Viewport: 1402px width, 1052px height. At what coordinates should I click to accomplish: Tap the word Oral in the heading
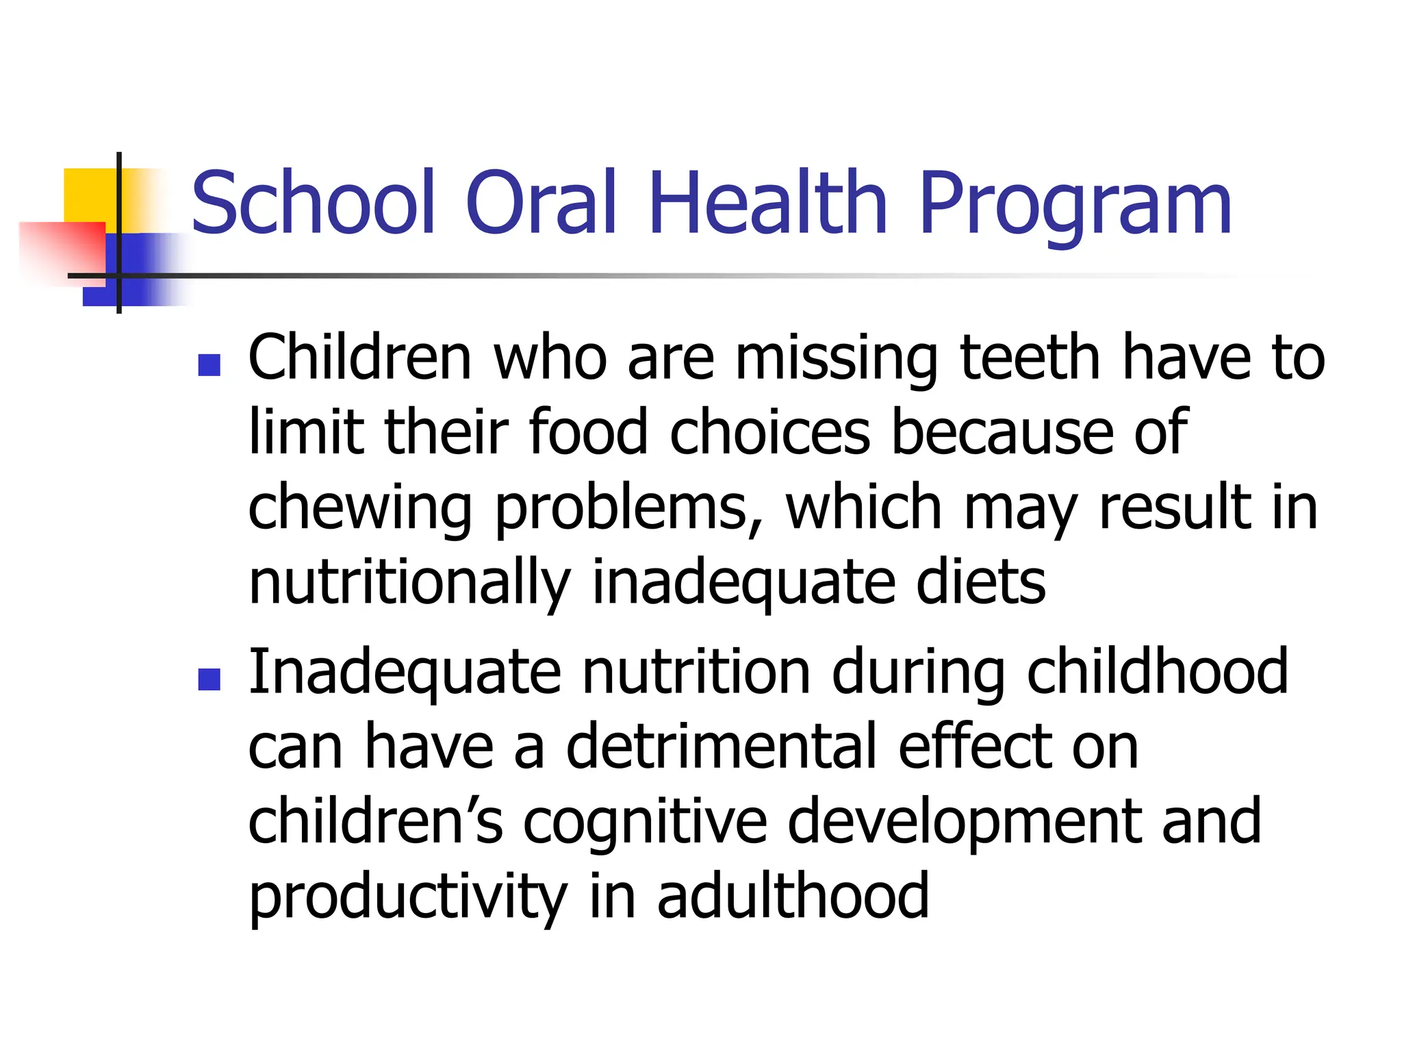click(541, 203)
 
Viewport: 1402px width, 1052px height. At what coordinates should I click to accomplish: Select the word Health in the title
click(767, 203)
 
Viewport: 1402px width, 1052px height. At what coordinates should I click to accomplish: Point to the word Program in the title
click(1075, 205)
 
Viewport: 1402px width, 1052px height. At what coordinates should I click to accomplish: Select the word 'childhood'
click(1158, 672)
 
